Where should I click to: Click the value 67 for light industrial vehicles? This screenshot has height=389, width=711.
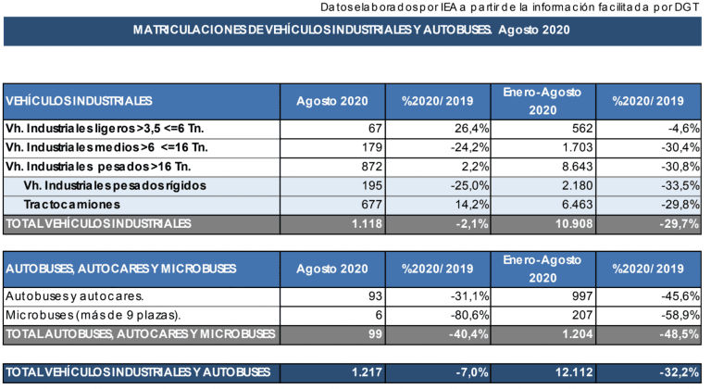tap(375, 129)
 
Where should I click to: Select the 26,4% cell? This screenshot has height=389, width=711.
tap(471, 129)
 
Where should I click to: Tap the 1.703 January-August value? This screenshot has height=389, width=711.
tap(577, 147)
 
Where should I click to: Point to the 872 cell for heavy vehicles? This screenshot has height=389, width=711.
tap(372, 167)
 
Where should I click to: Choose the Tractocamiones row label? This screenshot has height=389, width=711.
tap(72, 205)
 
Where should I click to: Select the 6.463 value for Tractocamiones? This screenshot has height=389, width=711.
tap(577, 205)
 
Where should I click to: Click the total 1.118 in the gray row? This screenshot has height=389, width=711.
tap(367, 224)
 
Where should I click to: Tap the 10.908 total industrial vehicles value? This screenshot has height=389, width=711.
tap(574, 224)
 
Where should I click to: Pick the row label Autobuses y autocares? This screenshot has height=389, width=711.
tap(74, 296)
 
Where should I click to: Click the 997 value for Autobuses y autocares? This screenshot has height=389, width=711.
tap(581, 296)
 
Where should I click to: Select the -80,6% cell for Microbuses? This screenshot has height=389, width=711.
tap(469, 315)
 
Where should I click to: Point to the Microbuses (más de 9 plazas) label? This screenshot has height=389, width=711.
tap(93, 315)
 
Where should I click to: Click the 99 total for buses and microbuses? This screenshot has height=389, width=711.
tap(375, 334)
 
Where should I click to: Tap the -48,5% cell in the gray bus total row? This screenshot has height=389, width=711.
tap(680, 334)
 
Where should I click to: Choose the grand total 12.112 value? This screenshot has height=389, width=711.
tap(574, 372)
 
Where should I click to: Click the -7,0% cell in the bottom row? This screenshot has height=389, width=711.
tap(472, 372)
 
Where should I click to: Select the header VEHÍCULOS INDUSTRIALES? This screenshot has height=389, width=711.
tap(79, 101)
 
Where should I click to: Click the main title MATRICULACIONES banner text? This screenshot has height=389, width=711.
tap(352, 30)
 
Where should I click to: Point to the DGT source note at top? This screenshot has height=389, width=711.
tap(510, 7)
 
